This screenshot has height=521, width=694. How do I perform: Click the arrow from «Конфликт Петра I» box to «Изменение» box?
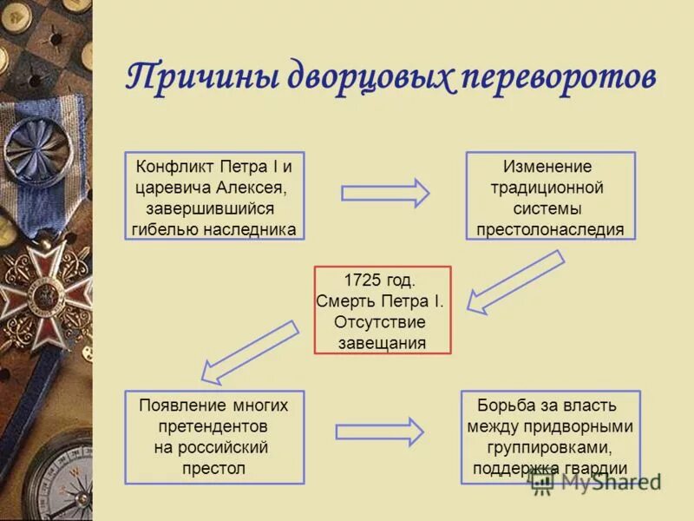[385, 193]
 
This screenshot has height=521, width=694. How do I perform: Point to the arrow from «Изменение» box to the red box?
[515, 281]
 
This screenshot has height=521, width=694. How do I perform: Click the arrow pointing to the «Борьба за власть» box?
[380, 432]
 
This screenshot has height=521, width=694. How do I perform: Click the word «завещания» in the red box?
[383, 342]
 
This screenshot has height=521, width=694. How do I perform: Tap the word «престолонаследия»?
[549, 230]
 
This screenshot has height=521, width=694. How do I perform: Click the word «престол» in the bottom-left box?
[213, 468]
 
